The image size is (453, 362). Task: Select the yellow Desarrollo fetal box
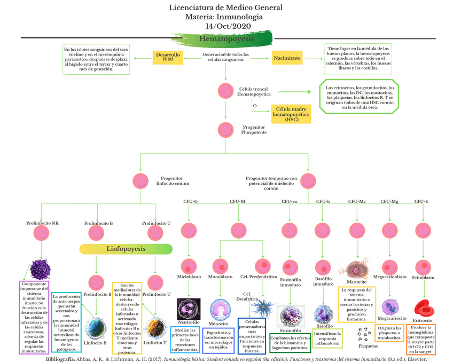tap(168, 57)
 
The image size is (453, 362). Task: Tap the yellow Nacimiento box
tap(287, 58)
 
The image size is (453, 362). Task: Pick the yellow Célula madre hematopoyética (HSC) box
tap(291, 114)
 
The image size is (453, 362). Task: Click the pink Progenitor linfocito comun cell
tap(140, 180)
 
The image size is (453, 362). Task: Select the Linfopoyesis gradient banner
tap(126, 249)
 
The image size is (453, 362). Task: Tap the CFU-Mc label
tap(357, 201)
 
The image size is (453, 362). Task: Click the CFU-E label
tap(421, 201)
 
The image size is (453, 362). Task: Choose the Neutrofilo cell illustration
tap(189, 309)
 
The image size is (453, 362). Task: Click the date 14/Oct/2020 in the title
tap(226, 26)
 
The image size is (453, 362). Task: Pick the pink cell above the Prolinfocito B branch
tap(96, 232)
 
